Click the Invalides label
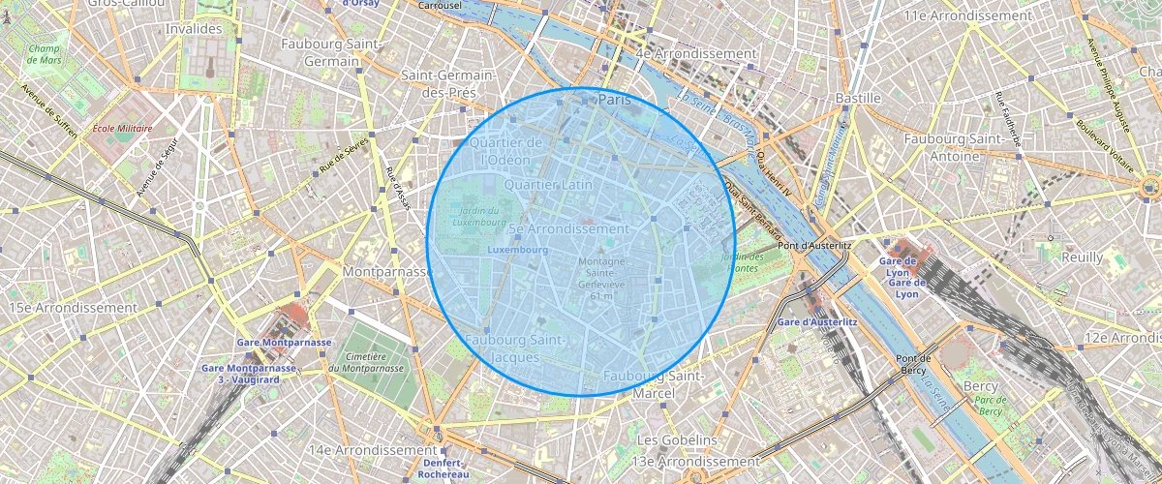coord(195,29)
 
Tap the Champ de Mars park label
coord(45,54)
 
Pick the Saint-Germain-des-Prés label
coord(448,84)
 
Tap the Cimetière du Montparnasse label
coord(359,362)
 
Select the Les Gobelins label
coord(677,440)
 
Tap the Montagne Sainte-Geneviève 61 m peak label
coord(601,278)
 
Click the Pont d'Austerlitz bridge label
coord(813,246)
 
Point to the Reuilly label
coord(1082,257)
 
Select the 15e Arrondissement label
coord(73,308)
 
